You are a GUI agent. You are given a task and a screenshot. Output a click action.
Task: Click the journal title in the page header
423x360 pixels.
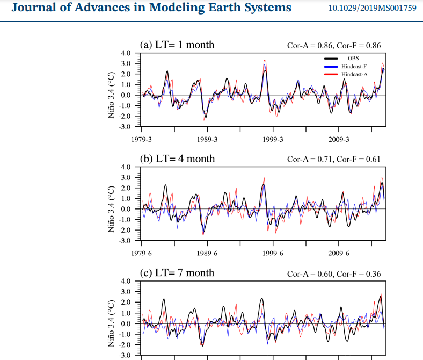(x=151, y=8)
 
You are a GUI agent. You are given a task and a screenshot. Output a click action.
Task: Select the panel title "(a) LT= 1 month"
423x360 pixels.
(x=177, y=45)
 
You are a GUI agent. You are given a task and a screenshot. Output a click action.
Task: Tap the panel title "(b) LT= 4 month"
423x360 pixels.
(x=177, y=159)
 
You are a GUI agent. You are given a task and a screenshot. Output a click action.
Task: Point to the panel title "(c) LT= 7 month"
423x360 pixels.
(x=177, y=273)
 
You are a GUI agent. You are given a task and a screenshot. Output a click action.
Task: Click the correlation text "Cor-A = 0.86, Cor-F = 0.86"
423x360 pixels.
(x=334, y=46)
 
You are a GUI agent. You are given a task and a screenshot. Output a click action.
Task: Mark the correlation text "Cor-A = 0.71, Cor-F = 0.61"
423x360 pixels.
(x=334, y=160)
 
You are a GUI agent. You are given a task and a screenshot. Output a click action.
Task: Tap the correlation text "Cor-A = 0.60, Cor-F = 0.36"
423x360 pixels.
(x=334, y=274)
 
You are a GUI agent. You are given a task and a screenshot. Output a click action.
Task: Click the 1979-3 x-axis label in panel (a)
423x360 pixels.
(x=142, y=139)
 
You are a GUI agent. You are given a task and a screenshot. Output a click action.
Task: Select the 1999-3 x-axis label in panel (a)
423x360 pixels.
(x=273, y=139)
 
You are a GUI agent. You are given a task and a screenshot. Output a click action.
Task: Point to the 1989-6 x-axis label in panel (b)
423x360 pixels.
(x=207, y=253)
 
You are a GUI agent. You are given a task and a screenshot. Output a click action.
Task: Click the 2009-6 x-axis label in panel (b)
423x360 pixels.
(x=339, y=253)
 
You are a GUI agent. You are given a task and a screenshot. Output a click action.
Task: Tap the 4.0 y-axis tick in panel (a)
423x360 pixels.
(x=125, y=53)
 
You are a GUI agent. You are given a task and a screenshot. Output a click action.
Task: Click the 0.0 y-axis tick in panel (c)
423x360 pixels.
(x=125, y=323)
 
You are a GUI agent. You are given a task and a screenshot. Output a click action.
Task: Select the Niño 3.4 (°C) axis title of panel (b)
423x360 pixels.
(x=111, y=209)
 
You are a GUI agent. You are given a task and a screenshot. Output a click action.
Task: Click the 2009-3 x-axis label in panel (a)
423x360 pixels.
(x=339, y=139)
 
